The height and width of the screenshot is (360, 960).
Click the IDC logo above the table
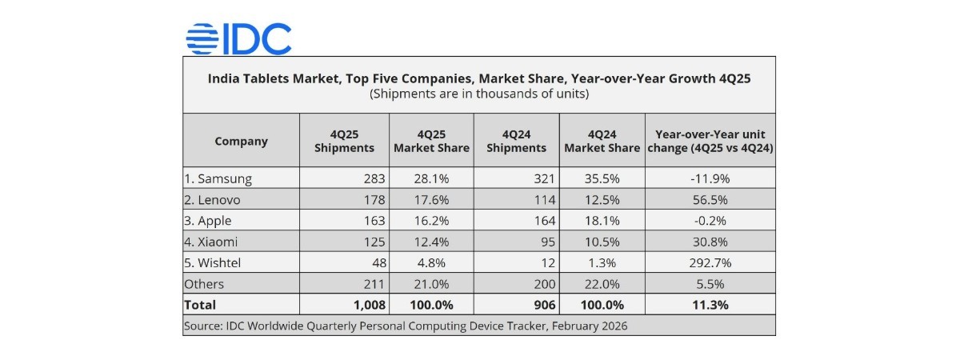(238, 38)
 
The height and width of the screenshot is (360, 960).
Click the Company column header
(241, 141)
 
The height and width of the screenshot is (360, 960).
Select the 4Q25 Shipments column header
(344, 141)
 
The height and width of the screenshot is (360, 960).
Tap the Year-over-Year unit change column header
(709, 141)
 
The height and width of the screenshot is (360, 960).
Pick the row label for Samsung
(218, 178)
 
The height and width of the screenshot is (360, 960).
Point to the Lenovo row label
(213, 200)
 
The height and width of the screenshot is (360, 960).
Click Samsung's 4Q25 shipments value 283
(374, 178)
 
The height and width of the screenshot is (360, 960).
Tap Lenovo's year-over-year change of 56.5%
(710, 200)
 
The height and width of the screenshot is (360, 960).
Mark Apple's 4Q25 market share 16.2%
(431, 221)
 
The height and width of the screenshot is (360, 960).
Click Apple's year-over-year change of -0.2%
(710, 221)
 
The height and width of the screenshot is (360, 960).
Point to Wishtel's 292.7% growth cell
(710, 262)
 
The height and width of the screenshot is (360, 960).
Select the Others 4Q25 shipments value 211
(374, 284)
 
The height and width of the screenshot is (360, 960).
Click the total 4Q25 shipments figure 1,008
(370, 305)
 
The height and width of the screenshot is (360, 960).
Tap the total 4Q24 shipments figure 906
(538, 305)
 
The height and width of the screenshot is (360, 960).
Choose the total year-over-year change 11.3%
(710, 305)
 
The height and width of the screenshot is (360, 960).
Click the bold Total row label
(200, 305)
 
